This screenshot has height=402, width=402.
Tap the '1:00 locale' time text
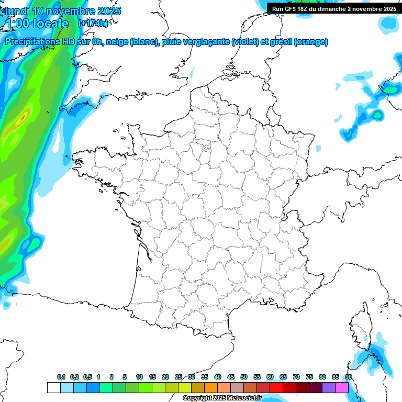click(36, 24)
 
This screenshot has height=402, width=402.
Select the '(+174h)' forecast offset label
click(93, 24)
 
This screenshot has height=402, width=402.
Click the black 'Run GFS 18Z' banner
click(333, 8)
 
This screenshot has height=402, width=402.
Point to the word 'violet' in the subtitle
click(244, 42)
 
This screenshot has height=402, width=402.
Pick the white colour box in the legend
click(53, 387)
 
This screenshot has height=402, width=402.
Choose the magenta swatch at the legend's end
click(342, 387)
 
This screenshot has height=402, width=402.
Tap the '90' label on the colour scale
click(348, 377)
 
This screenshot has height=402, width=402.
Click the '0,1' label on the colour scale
click(61, 377)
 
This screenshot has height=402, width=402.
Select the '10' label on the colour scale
click(139, 377)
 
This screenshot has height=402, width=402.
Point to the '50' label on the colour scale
click(244, 377)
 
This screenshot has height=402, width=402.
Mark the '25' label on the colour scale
click(178, 377)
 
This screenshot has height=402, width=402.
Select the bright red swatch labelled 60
click(276, 387)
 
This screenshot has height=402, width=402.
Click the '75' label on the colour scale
click(309, 377)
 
